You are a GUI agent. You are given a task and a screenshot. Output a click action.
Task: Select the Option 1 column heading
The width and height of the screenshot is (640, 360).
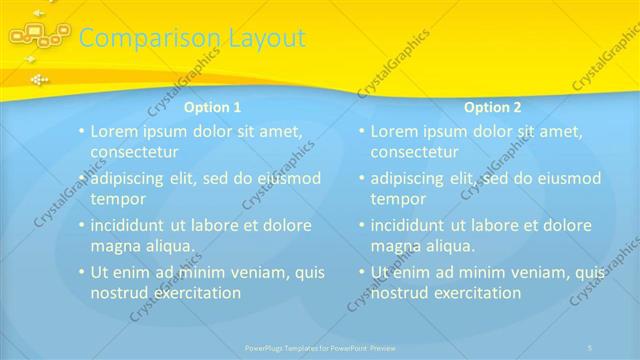[x=212, y=107]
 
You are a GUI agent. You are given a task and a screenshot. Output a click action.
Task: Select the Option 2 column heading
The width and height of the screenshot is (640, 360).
[x=493, y=107]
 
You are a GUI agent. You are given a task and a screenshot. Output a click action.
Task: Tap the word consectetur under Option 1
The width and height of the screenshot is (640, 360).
[x=134, y=153]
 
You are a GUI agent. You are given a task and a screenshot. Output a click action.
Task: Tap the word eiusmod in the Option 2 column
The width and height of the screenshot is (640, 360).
[x=565, y=178]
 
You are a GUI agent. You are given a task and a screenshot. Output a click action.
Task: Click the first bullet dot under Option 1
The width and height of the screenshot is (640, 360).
[x=81, y=131]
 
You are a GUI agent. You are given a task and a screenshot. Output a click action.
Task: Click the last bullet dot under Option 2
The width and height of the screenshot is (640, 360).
[x=361, y=272]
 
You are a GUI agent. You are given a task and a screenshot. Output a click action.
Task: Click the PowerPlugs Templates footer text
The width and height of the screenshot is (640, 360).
[x=320, y=348]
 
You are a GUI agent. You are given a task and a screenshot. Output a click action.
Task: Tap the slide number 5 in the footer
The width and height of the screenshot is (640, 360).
[x=590, y=348]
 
